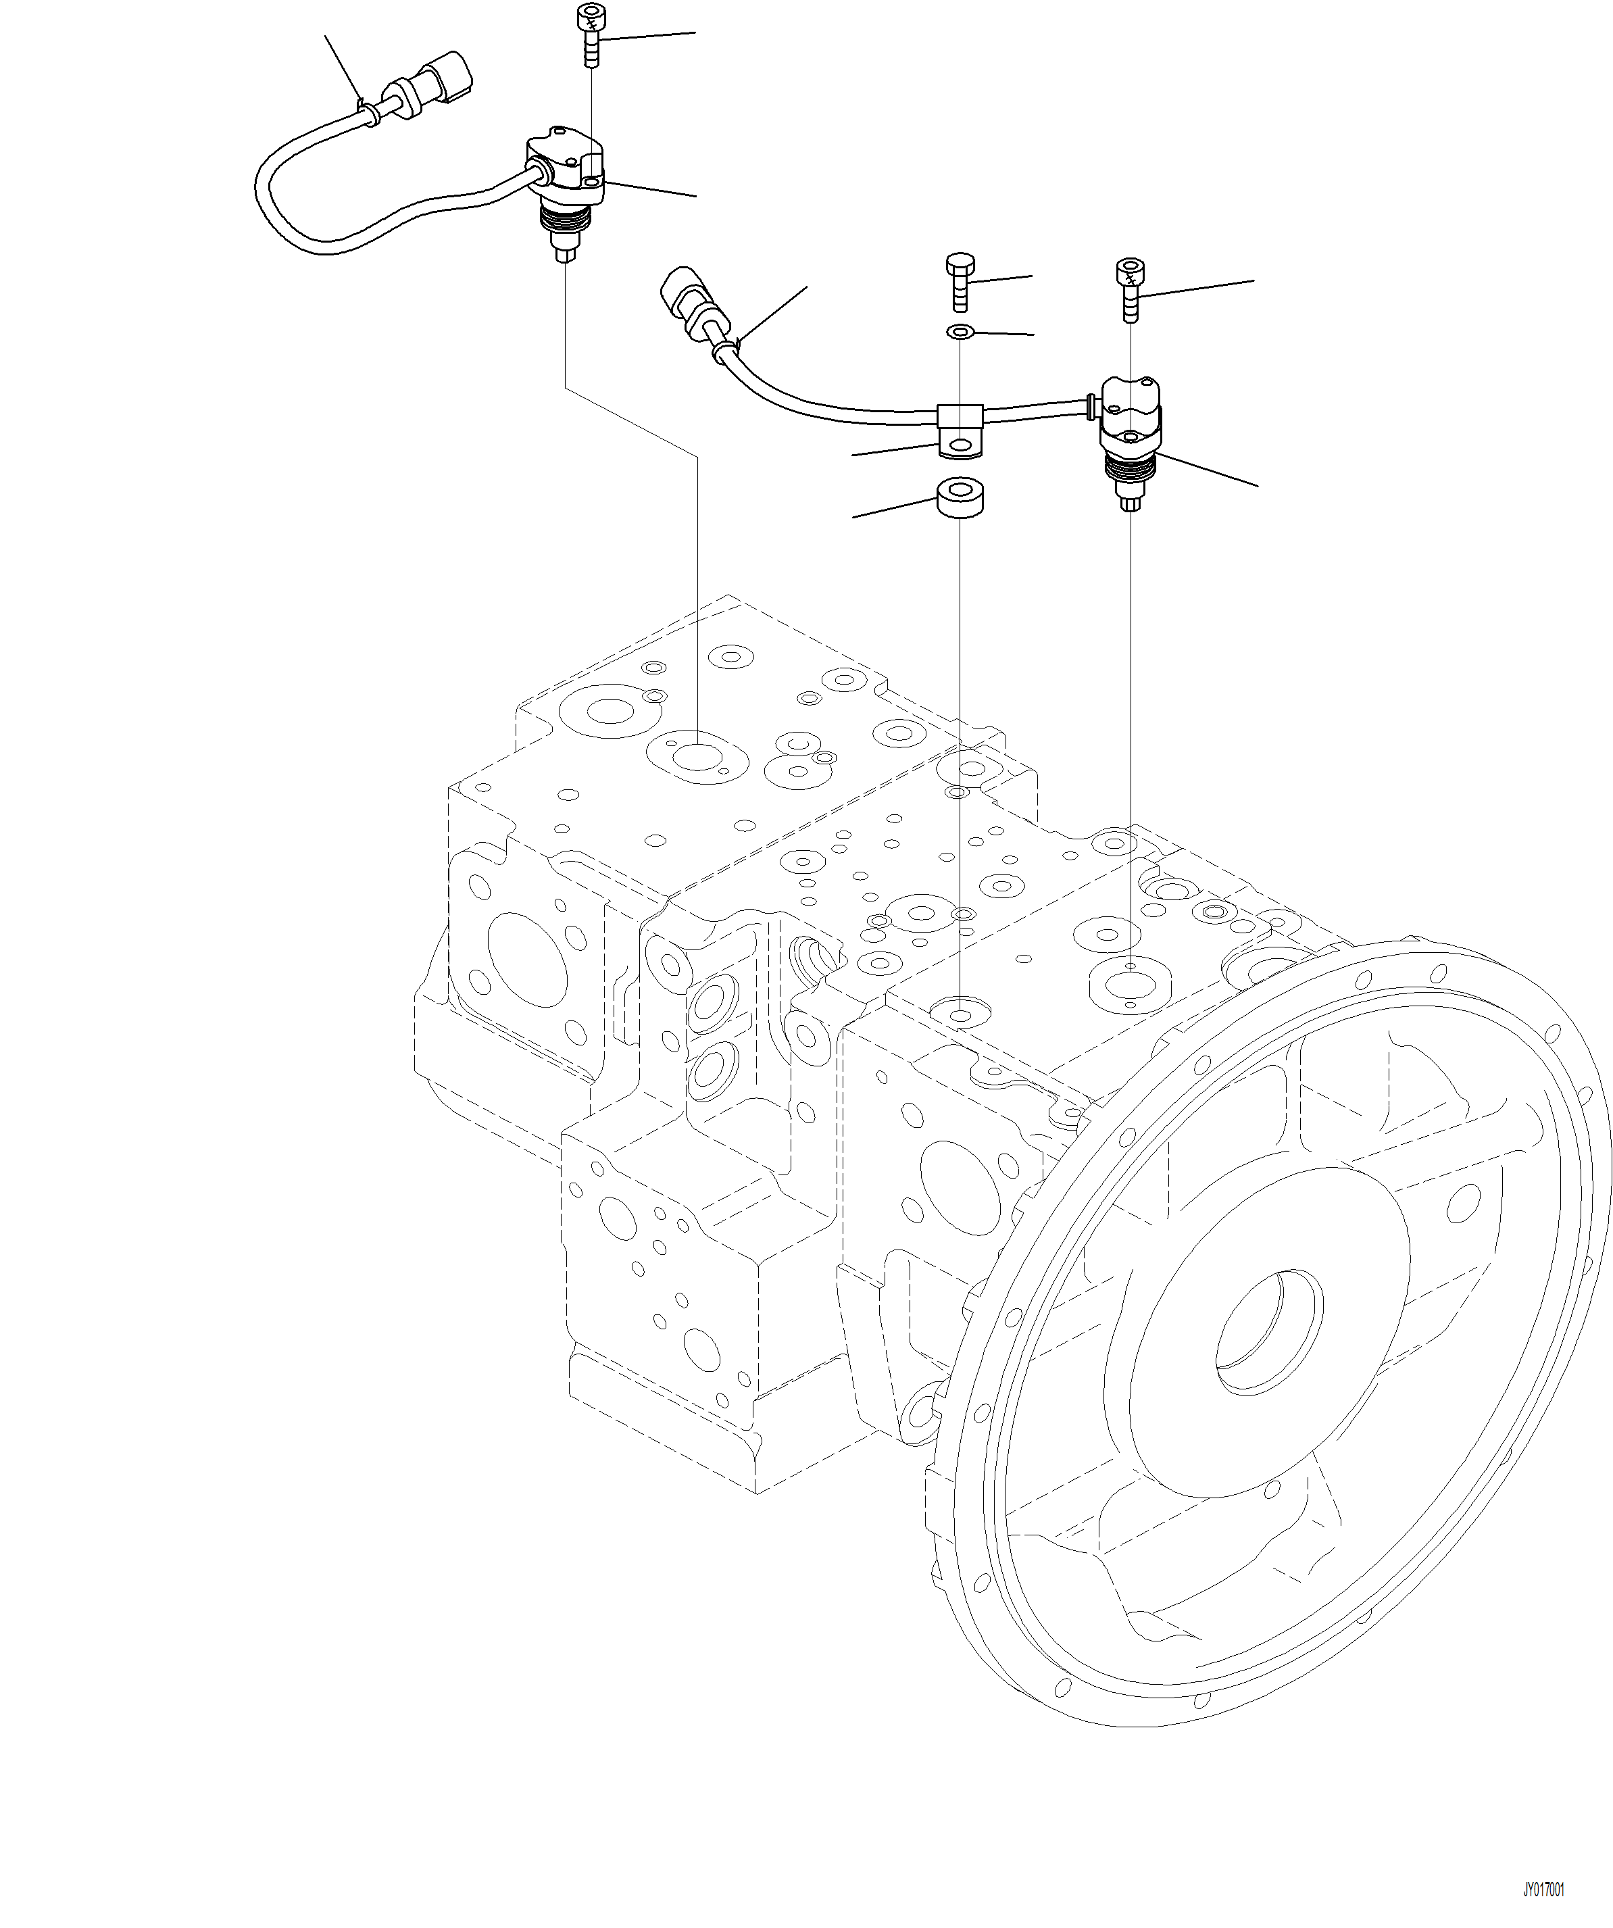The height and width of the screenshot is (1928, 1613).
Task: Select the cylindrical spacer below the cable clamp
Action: pos(960,499)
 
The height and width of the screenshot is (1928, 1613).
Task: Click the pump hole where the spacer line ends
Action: pos(960,1014)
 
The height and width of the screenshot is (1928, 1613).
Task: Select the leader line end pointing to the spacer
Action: pos(855,517)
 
